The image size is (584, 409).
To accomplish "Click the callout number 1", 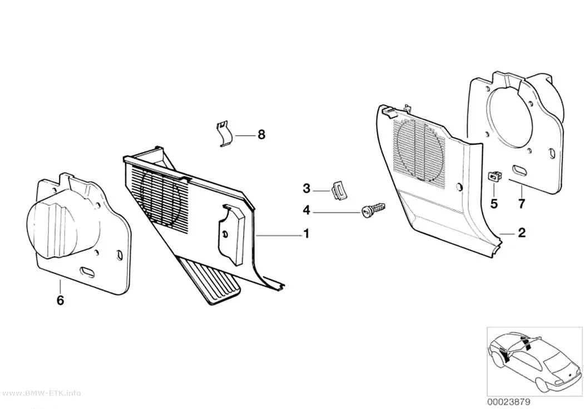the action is (x=306, y=234).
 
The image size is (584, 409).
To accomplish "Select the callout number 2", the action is (x=522, y=233).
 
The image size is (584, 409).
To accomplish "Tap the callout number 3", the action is (x=306, y=189).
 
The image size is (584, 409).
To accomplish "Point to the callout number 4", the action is (x=306, y=210).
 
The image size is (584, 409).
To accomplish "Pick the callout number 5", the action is (x=494, y=204).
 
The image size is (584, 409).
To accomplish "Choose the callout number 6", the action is (x=60, y=300).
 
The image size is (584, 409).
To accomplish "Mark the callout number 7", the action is (x=522, y=204).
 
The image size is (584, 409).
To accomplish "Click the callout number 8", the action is (x=261, y=135).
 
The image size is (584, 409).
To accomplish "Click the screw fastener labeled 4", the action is (x=373, y=210).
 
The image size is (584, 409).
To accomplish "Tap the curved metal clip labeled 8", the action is (x=225, y=134).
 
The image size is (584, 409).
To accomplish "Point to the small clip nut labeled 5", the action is (x=494, y=175).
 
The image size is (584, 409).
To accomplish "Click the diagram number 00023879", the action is (x=508, y=402).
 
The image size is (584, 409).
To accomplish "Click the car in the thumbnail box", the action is (x=535, y=358).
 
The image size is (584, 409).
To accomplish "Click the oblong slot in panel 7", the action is (x=520, y=170).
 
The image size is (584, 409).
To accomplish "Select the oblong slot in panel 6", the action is (x=87, y=272).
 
